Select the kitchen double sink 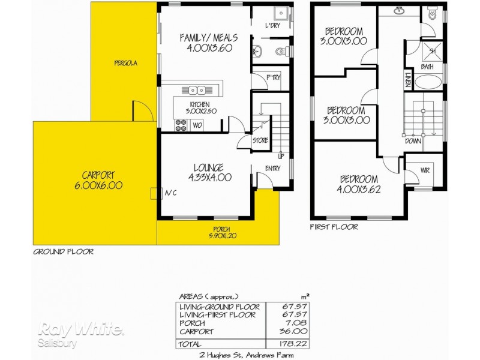point(194,91)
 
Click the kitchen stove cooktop point(180,125)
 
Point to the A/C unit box point(154,193)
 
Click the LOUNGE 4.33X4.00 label point(209,172)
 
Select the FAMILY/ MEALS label point(206,43)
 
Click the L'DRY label point(273,25)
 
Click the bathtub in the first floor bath point(428,82)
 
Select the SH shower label point(431,51)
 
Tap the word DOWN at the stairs point(413,142)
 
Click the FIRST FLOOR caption point(334,227)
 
